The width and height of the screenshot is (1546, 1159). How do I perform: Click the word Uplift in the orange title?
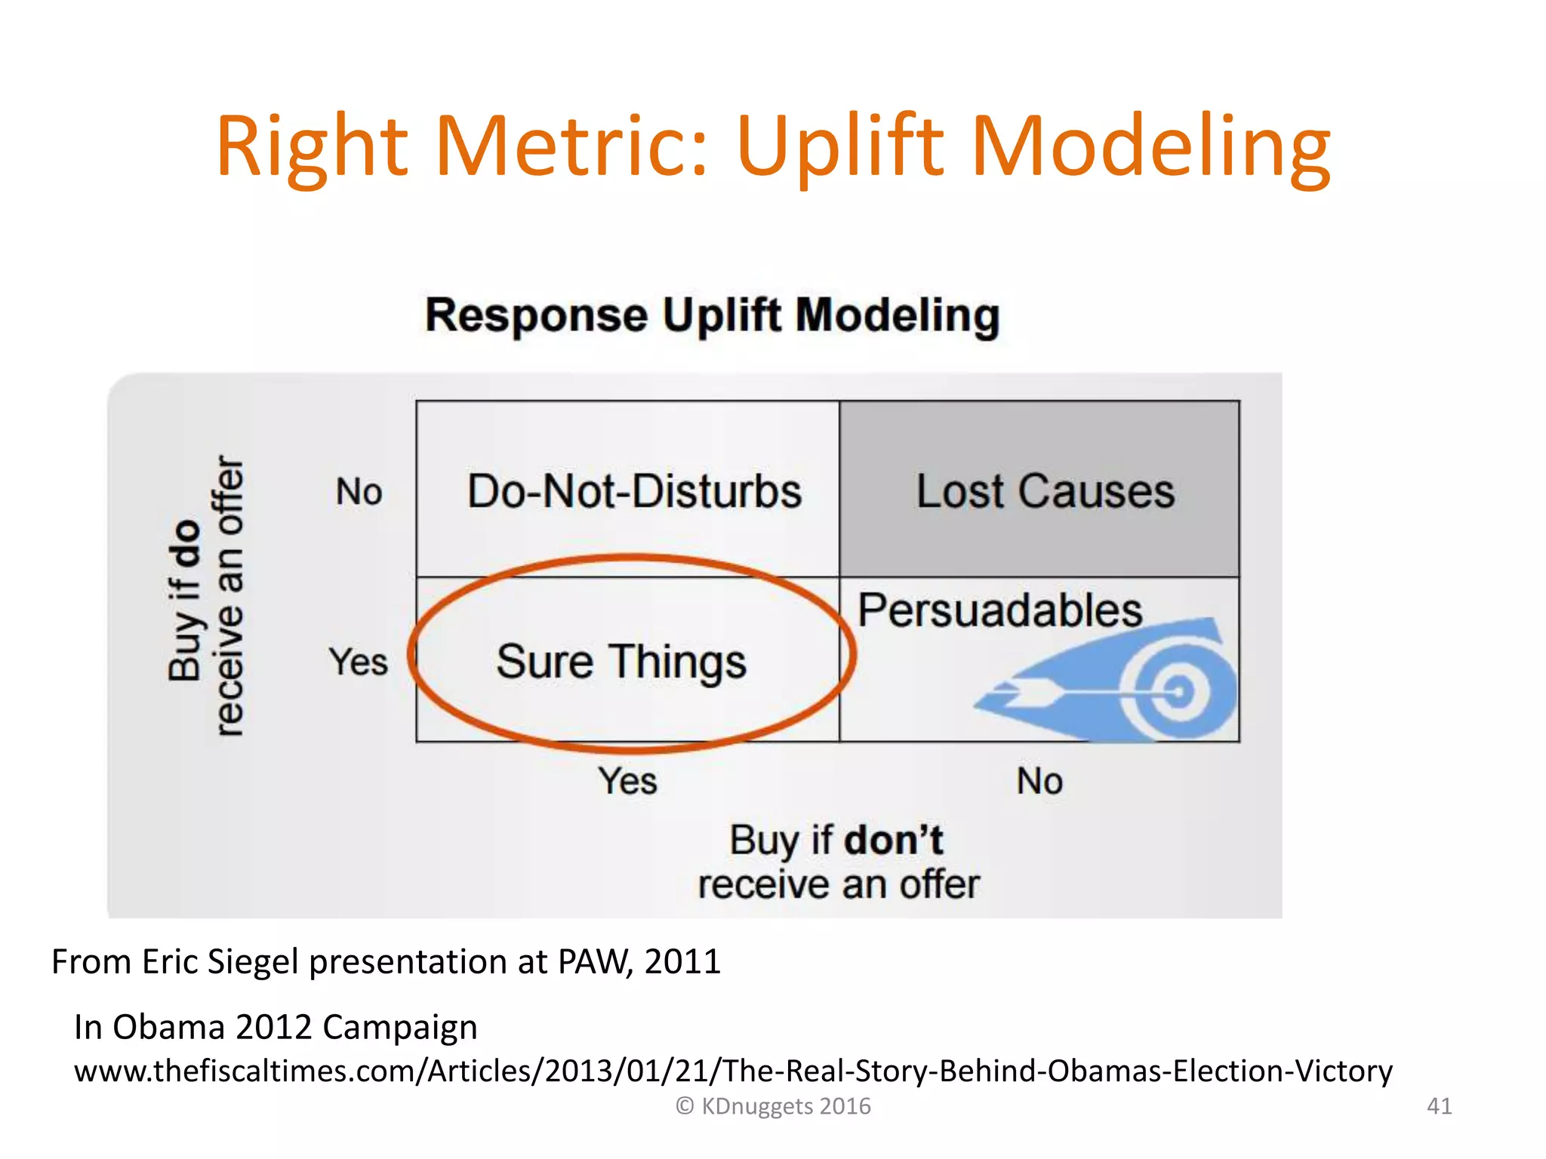[x=839, y=147]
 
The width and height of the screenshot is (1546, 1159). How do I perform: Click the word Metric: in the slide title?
[x=572, y=147]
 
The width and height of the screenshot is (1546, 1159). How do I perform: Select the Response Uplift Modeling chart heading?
[x=712, y=315]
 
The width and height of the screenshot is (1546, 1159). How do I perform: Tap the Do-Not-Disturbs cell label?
[x=634, y=492]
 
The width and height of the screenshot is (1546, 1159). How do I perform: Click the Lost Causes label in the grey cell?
[x=1045, y=492]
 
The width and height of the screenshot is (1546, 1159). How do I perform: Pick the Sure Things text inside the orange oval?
[x=621, y=663]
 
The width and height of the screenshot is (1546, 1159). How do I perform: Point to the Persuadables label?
[x=999, y=610]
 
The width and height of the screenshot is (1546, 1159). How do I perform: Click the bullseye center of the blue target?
[x=1178, y=691]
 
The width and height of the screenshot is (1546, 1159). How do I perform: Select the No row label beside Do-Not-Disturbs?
[x=359, y=492]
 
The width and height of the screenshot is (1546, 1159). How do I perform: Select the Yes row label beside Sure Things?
[x=358, y=663]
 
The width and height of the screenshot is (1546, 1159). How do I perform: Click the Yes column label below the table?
[x=627, y=781]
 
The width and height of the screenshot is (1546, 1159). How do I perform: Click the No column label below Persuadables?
[x=1039, y=781]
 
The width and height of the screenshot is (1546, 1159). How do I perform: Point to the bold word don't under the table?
[x=893, y=841]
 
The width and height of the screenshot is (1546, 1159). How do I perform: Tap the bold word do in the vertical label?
[x=186, y=543]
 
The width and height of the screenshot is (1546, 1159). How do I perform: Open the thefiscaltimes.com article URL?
[x=732, y=1071]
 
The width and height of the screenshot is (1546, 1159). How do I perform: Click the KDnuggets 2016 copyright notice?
[x=773, y=1106]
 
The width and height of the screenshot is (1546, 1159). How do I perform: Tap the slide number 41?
[x=1439, y=1106]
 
